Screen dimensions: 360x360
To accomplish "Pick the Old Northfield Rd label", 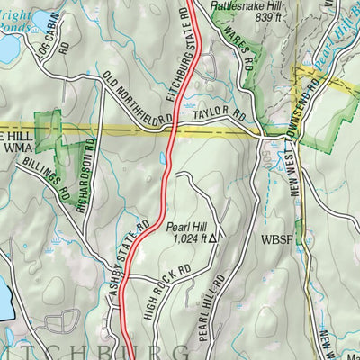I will tap(137, 99).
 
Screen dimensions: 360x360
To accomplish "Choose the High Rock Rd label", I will tap(168, 288).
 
